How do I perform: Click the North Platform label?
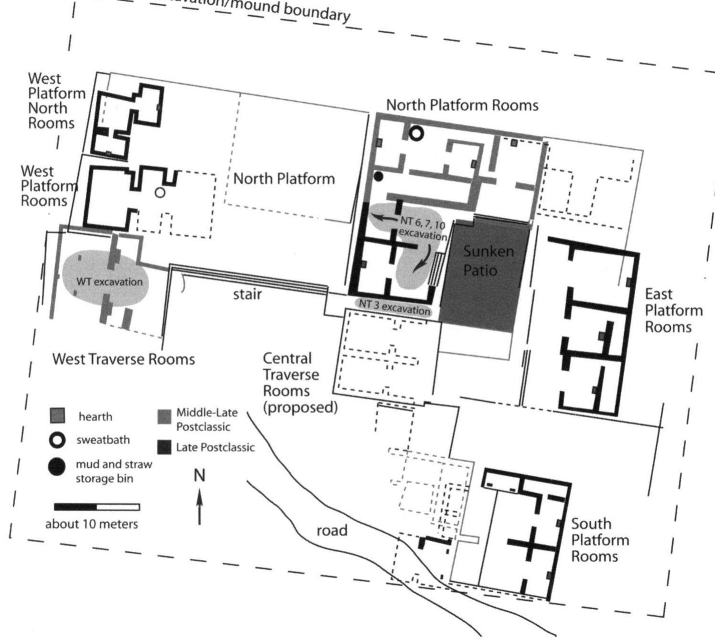tap(284, 179)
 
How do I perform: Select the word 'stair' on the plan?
tap(247, 294)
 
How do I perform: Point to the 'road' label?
tap(332, 530)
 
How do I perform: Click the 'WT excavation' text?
tap(109, 282)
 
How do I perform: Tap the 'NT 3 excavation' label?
tap(393, 307)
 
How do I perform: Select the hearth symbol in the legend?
tap(57, 415)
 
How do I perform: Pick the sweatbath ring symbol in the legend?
tap(57, 440)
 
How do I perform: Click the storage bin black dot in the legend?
tap(57, 467)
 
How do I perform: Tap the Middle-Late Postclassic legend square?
tap(164, 416)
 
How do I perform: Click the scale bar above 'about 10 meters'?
tap(97, 507)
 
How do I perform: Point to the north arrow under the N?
tap(200, 508)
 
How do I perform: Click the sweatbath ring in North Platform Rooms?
tap(416, 134)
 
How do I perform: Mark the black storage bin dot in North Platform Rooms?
tap(378, 176)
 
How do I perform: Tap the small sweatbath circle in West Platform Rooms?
tap(160, 192)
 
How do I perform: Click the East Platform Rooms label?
tap(673, 310)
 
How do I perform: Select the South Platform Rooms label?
tap(599, 540)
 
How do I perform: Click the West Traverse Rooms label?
tap(124, 359)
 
